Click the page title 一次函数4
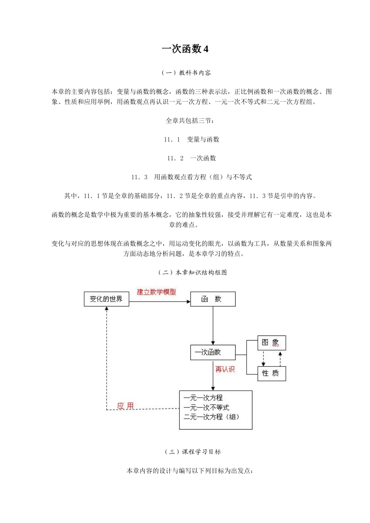coord(185,49)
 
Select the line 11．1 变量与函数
coord(191,139)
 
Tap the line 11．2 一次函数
coord(191,158)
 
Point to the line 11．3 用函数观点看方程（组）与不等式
coord(191,177)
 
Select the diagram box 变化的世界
coord(106,299)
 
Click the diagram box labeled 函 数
coord(213,299)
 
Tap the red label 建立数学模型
coord(157,292)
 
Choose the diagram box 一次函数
coord(213,352)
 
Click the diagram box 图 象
coord(271,342)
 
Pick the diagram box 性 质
coord(271,373)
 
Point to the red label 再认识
coord(225,369)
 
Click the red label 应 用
coord(125,406)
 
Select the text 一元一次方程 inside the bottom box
coord(203,398)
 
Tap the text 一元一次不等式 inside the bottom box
coord(206,407)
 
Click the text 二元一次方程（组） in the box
coord(211,417)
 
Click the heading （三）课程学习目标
coord(193,452)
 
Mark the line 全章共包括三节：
coord(190,121)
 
